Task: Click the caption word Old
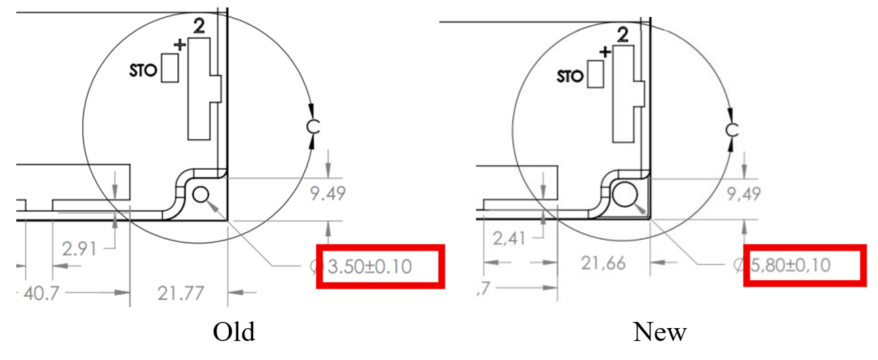click(x=234, y=331)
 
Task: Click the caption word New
click(x=659, y=331)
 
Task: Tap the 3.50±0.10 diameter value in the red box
click(x=369, y=267)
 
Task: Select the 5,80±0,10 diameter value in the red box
click(x=790, y=266)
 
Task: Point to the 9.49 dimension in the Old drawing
click(x=328, y=194)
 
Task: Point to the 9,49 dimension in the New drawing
click(x=744, y=194)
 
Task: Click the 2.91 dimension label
click(x=79, y=249)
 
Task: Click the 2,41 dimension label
click(x=509, y=238)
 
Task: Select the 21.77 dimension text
click(x=181, y=293)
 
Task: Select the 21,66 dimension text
click(x=603, y=264)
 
